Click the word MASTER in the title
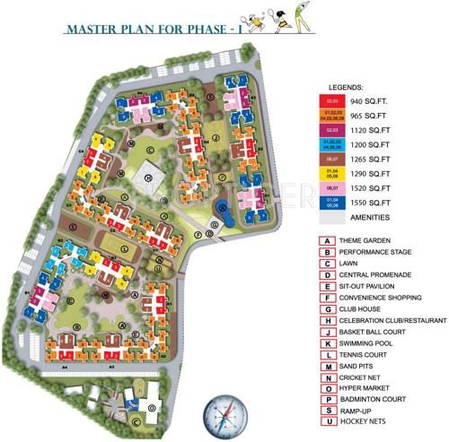(x=92, y=30)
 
